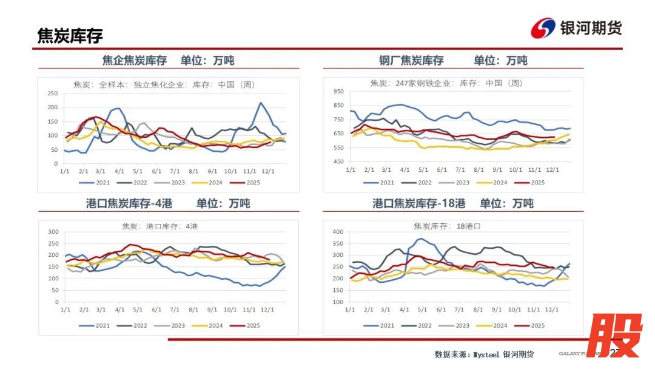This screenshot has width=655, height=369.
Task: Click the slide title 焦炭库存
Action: pyautogui.click(x=70, y=36)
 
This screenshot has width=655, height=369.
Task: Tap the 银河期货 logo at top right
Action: pyautogui.click(x=576, y=28)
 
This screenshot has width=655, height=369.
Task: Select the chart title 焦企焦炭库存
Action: pyautogui.click(x=135, y=61)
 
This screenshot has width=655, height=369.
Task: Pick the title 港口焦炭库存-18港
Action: pyautogui.click(x=419, y=204)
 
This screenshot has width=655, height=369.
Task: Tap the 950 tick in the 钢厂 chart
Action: pyautogui.click(x=338, y=92)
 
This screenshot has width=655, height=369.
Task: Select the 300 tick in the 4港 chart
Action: pyautogui.click(x=53, y=232)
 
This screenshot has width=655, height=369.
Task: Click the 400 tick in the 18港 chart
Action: pyautogui.click(x=338, y=232)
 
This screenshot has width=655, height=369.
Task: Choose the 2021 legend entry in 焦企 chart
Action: pyautogui.click(x=99, y=182)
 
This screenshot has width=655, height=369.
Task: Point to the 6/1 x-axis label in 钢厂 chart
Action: pyautogui.click(x=442, y=169)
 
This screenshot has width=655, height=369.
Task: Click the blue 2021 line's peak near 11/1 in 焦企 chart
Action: pyautogui.click(x=261, y=103)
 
